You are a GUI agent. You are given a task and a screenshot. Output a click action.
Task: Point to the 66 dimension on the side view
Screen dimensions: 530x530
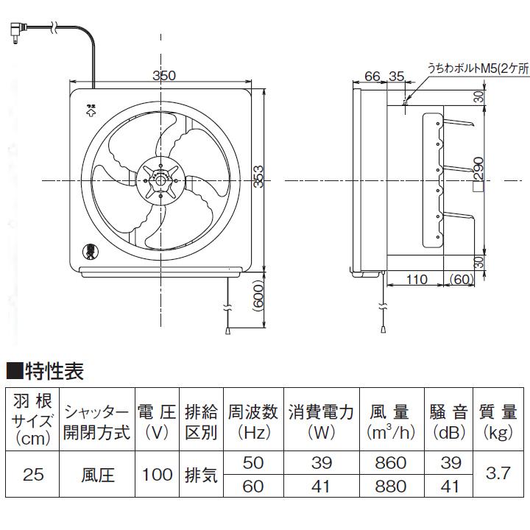point(372,76)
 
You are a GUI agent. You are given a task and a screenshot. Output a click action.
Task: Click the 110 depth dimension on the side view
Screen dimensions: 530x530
point(417,280)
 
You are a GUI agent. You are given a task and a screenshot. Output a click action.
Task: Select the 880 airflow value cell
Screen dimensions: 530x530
point(390,486)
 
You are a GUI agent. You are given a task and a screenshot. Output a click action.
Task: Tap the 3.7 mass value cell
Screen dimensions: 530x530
point(498,474)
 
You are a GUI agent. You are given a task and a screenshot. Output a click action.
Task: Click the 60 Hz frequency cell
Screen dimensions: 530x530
point(252,486)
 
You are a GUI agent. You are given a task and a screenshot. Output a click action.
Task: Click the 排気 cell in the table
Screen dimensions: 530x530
point(200,474)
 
